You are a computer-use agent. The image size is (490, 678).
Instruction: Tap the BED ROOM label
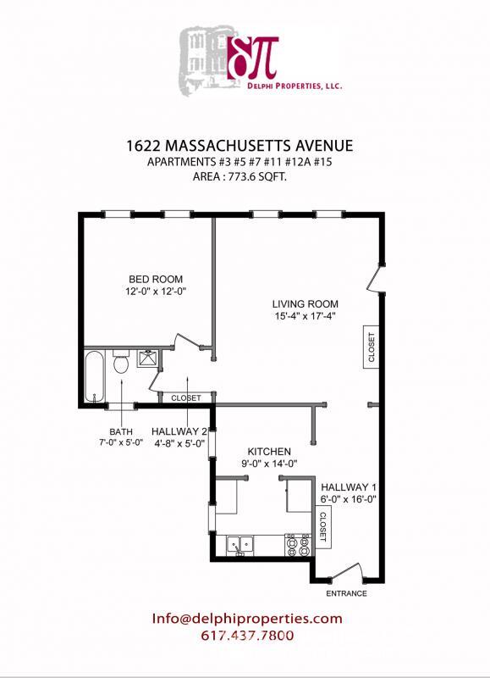pyautogui.click(x=156, y=280)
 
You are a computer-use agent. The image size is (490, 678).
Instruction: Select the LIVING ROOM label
pyautogui.click(x=306, y=304)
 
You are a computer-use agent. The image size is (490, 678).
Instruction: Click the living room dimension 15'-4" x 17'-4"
pyautogui.click(x=306, y=317)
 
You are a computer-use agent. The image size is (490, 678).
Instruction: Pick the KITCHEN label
pyautogui.click(x=269, y=451)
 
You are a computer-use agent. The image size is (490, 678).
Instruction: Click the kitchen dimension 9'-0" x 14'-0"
pyautogui.click(x=269, y=464)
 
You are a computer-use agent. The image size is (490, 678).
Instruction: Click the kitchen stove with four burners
pyautogui.click(x=298, y=545)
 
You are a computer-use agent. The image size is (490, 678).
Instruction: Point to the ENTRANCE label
pyautogui.click(x=347, y=593)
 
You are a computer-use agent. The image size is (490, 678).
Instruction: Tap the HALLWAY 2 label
pyautogui.click(x=179, y=431)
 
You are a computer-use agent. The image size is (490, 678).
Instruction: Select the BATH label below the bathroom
pyautogui.click(x=120, y=431)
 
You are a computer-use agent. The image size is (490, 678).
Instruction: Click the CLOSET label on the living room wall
pyautogui.click(x=372, y=346)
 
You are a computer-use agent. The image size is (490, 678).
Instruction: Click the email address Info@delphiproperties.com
pyautogui.click(x=247, y=619)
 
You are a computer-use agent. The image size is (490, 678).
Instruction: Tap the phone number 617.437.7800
pyautogui.click(x=247, y=636)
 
